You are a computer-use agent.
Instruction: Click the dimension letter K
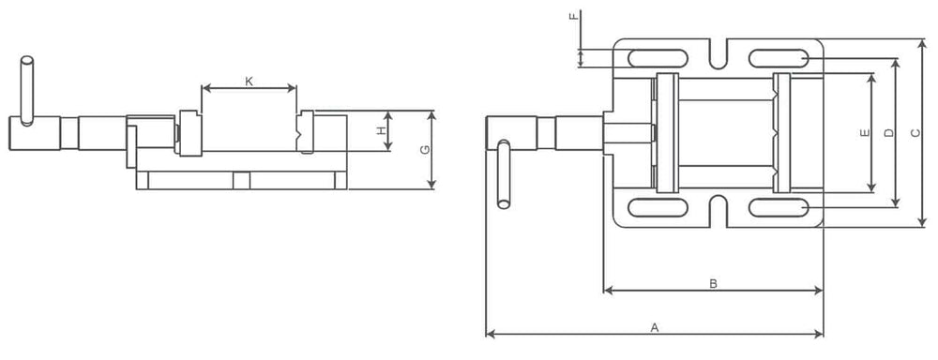pyautogui.click(x=249, y=81)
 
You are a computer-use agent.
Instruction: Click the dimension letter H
pyautogui.click(x=382, y=130)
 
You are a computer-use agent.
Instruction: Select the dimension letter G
pyautogui.click(x=425, y=150)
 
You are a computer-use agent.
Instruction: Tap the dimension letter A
pyautogui.click(x=655, y=327)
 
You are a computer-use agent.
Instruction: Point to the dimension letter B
pyautogui.click(x=713, y=282)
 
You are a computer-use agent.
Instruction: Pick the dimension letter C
pyautogui.click(x=915, y=132)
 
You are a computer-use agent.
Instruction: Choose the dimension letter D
pyautogui.click(x=889, y=132)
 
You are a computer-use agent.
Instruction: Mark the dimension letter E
pyautogui.click(x=864, y=132)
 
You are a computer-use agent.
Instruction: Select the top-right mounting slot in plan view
pyautogui.click(x=778, y=58)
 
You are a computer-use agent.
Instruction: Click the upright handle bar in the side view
pyautogui.click(x=27, y=89)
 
